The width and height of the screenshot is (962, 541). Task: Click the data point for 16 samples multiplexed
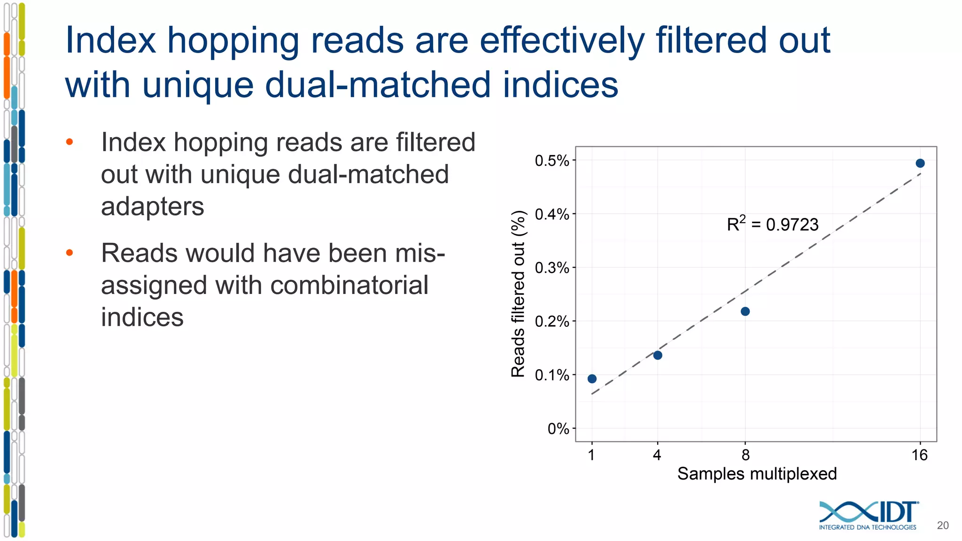[x=920, y=163]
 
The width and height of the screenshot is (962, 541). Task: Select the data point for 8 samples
[x=745, y=311]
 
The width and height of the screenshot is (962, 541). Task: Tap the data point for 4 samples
[x=658, y=355]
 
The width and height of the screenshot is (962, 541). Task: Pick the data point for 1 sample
[x=592, y=379]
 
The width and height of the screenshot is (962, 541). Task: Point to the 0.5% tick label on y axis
[x=551, y=161]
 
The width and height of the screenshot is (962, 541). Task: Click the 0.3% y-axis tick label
[x=551, y=268]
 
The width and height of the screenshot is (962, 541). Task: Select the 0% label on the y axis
[x=558, y=429]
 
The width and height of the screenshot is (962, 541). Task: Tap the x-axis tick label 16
[x=919, y=455]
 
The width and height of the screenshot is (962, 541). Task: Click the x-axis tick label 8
[x=745, y=455]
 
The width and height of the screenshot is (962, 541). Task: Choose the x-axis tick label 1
[x=591, y=455]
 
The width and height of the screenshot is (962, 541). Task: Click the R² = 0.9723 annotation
[x=772, y=224]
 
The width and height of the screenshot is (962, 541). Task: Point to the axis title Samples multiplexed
[x=757, y=473]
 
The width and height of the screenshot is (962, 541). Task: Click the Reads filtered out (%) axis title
[x=518, y=294]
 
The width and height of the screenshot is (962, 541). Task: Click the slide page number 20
[x=942, y=526]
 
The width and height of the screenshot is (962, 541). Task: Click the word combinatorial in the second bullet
[x=349, y=285]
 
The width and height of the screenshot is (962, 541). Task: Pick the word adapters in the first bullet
[x=152, y=206]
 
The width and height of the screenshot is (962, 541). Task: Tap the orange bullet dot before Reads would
[x=70, y=253]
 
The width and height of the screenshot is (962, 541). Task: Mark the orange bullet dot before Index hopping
[x=70, y=142]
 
